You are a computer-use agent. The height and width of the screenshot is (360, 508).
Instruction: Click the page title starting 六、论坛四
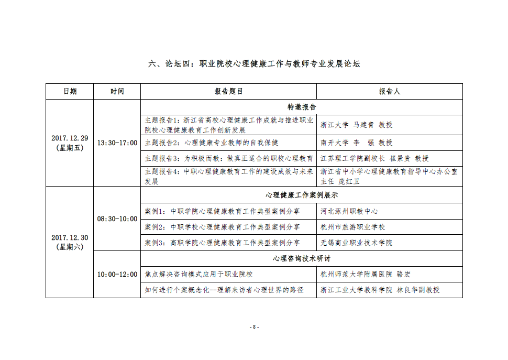coord(254,64)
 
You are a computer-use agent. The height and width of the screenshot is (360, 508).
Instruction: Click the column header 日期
coord(70,91)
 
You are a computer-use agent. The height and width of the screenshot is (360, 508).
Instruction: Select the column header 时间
coord(117,91)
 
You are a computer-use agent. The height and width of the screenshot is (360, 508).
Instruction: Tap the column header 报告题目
coord(229,91)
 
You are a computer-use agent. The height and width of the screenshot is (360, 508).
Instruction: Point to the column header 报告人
coord(390,91)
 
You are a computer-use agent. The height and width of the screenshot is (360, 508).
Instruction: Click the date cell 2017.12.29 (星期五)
coord(70,143)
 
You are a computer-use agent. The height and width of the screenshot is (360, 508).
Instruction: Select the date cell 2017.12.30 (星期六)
coord(70,242)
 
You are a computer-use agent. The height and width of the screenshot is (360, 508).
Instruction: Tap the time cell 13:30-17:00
coord(117,143)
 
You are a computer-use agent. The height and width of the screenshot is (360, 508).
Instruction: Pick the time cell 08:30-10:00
coord(117,219)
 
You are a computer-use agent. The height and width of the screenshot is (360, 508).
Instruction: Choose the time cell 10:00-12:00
coord(117,274)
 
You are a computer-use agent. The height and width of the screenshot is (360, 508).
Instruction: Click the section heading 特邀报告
coord(302,107)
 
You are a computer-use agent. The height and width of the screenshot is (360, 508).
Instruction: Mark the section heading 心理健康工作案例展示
coord(302,195)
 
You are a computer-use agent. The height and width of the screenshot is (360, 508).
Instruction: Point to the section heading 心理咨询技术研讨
coord(302,258)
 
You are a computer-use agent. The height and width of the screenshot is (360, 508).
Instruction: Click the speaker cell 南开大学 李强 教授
coord(356,143)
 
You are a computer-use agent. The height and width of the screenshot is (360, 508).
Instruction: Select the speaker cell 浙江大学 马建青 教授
coord(356,125)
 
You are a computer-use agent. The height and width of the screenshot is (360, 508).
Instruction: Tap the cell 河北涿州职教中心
coord(349,211)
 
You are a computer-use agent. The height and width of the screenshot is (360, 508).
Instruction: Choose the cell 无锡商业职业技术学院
coord(356,243)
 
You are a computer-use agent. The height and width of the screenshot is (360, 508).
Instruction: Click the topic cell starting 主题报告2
coord(212,143)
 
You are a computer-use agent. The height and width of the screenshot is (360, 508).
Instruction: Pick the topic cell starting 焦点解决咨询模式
coord(199,274)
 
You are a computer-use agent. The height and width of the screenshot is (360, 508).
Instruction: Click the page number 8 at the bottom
coord(254,326)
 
